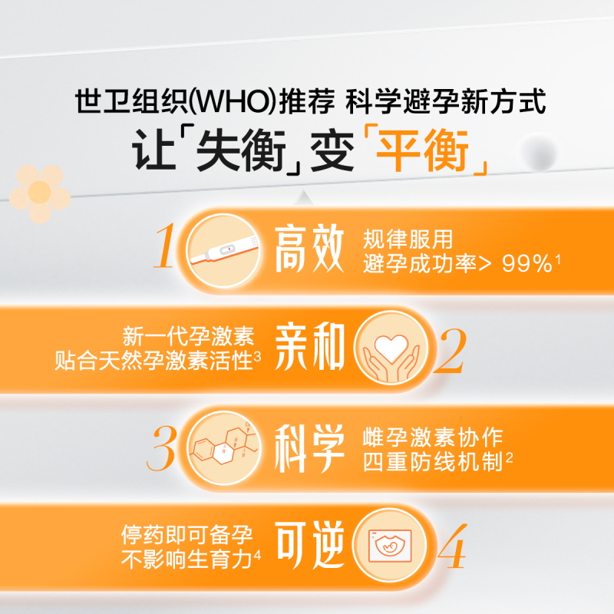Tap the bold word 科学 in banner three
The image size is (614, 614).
[309, 450]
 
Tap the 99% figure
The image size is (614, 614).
[527, 264]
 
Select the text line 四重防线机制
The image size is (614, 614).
[433, 463]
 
